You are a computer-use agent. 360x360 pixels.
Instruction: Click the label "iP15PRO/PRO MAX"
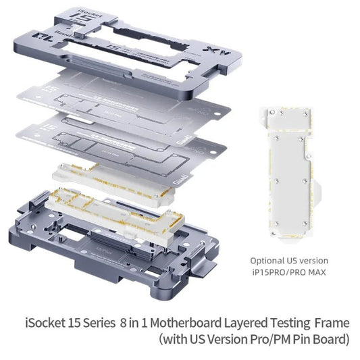click(288, 272)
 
